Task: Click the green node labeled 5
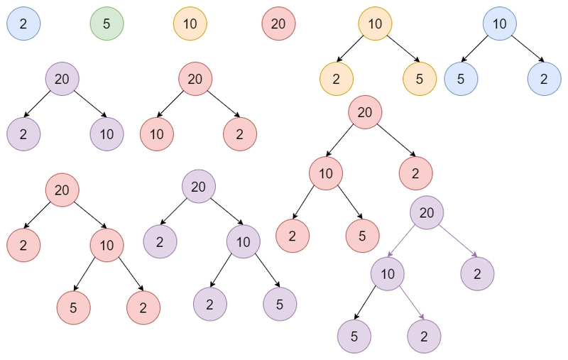tap(107, 23)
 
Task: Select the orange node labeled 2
tap(337, 79)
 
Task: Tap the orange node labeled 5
tap(420, 79)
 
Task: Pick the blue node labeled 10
tap(500, 23)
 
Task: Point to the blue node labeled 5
tap(461, 79)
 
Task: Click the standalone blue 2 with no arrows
tap(23, 23)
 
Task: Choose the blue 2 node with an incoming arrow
tap(545, 79)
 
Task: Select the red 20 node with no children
tap(278, 23)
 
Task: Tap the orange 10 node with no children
tap(190, 23)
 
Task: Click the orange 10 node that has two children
tap(376, 23)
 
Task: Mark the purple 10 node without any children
tap(107, 134)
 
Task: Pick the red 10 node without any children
tap(157, 134)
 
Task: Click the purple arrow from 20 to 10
tap(400, 241)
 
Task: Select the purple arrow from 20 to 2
tap(458, 241)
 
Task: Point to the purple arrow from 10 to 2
tap(412, 303)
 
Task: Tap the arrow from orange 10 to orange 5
tap(403, 48)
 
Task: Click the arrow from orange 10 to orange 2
tap(350, 48)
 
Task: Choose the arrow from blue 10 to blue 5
tap(474, 48)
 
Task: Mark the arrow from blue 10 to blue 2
tap(528, 48)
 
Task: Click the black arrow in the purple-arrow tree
tap(365, 303)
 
